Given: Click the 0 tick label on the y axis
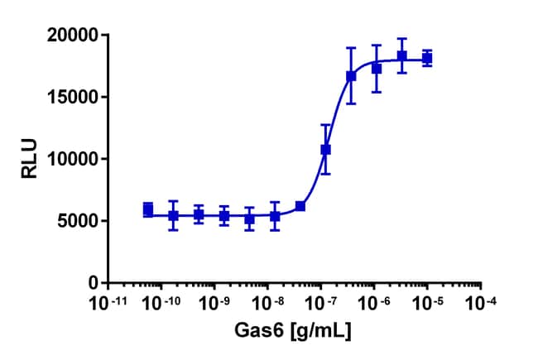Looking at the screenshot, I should tap(93, 282).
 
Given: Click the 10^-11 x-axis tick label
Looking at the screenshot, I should tap(109, 303).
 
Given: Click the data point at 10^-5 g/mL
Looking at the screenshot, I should tap(427, 58).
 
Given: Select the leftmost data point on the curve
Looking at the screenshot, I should tap(148, 210).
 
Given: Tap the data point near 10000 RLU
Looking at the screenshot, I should tap(326, 150).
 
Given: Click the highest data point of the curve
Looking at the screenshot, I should tap(402, 56).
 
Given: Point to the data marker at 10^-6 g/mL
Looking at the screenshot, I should tap(377, 69).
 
